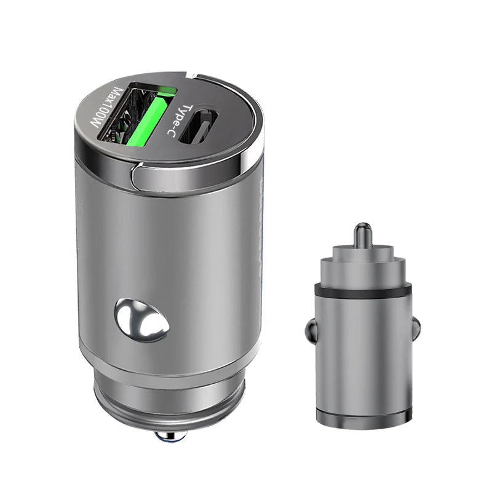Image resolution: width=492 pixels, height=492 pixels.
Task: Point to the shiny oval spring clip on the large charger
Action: coord(142,320)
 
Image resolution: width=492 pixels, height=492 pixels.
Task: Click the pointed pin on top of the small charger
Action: coord(363,234)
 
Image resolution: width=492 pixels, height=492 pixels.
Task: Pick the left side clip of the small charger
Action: coord(311,333)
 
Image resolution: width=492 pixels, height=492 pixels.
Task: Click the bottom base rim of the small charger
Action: coord(363,419)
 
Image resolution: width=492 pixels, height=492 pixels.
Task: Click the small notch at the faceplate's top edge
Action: coord(192,78)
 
